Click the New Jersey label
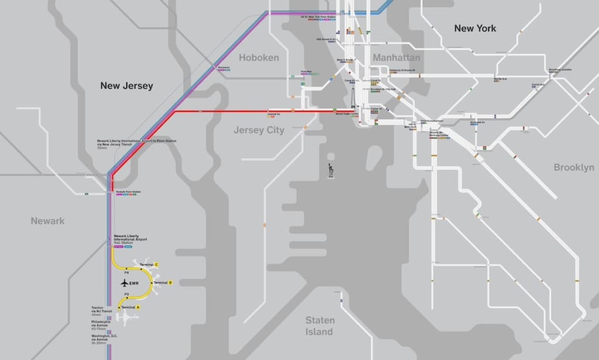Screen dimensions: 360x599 click(x=126, y=85)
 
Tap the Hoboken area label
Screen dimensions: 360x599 click(x=259, y=57)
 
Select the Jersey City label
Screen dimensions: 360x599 click(x=259, y=130)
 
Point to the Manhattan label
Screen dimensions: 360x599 click(x=396, y=57)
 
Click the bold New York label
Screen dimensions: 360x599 click(x=475, y=28)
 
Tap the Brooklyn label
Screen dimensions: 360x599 click(x=573, y=167)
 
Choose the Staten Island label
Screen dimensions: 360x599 click(x=320, y=326)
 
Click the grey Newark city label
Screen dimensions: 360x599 click(x=48, y=221)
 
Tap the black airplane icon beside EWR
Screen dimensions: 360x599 click(x=124, y=283)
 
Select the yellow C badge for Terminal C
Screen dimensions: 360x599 click(x=156, y=265)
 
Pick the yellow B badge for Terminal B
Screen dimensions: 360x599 click(x=170, y=283)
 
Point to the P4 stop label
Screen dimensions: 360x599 click(x=126, y=273)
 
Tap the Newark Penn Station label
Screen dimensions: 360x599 click(x=128, y=192)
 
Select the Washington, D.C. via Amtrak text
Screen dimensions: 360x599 click(x=104, y=337)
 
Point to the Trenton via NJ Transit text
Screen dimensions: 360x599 click(x=101, y=310)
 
